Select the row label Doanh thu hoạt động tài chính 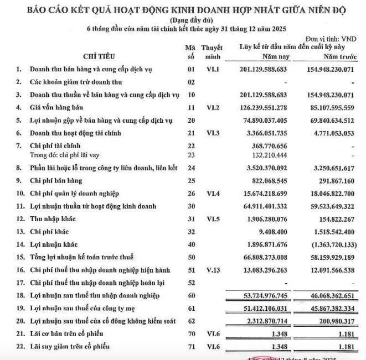coord(76,133)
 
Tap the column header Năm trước coord(337,57)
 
